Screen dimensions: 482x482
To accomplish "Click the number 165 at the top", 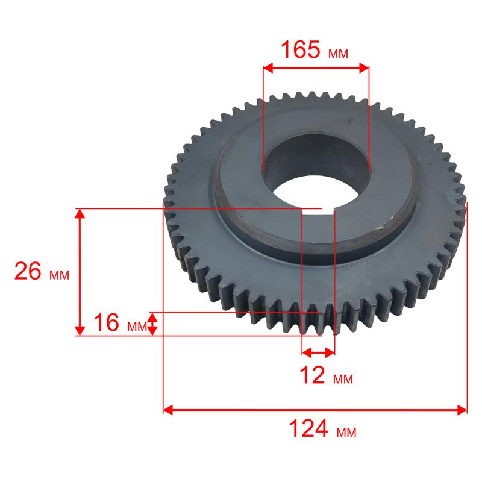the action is [x=300, y=49].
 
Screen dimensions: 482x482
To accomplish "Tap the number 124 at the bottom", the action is [x=308, y=428].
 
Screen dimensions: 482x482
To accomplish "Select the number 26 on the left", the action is [x=28, y=271].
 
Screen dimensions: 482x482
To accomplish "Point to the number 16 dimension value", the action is [x=106, y=322].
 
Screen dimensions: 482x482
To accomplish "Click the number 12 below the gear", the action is [x=312, y=375].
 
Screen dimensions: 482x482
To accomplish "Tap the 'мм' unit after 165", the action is [x=338, y=54].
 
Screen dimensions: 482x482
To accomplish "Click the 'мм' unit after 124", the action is [x=346, y=433].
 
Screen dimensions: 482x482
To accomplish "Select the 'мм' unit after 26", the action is [x=59, y=275].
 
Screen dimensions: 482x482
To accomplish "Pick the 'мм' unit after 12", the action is [x=343, y=380].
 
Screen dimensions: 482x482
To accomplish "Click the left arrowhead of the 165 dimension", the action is [x=268, y=68].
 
